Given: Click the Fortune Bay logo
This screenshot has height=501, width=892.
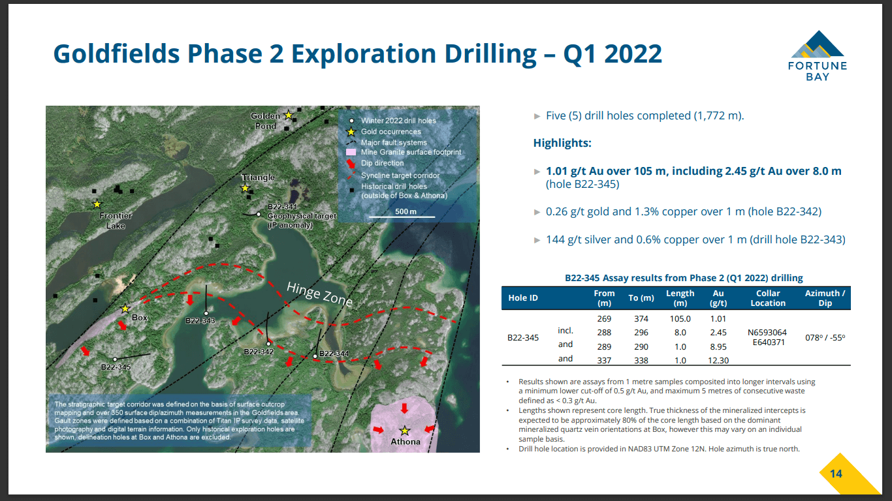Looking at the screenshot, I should (817, 55).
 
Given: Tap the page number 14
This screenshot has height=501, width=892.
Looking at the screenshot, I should (836, 474).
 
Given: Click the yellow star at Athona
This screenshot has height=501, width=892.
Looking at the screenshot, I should (405, 430).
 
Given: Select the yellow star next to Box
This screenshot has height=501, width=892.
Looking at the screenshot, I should (125, 309).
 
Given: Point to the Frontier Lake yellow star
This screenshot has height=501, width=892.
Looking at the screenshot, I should (97, 204).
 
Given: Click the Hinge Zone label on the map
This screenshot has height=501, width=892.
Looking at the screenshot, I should (320, 294).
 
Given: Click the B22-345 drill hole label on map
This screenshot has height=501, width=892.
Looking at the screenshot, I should (116, 367).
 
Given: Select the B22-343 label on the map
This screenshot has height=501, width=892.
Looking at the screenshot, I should (200, 321).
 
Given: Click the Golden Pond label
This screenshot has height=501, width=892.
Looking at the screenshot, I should (265, 121).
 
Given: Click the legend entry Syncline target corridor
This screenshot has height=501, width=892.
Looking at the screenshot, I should (400, 175).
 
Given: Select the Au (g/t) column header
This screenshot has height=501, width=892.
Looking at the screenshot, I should (718, 298).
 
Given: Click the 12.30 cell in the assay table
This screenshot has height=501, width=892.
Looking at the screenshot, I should (718, 360).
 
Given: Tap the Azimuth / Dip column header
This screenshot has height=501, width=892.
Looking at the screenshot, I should (825, 298).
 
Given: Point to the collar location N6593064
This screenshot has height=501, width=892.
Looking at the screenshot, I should (767, 332).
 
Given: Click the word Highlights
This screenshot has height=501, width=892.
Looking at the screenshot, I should (562, 143).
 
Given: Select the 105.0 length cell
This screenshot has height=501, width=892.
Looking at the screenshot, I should (680, 319).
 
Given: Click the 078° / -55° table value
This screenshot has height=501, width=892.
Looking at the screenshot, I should (825, 338).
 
